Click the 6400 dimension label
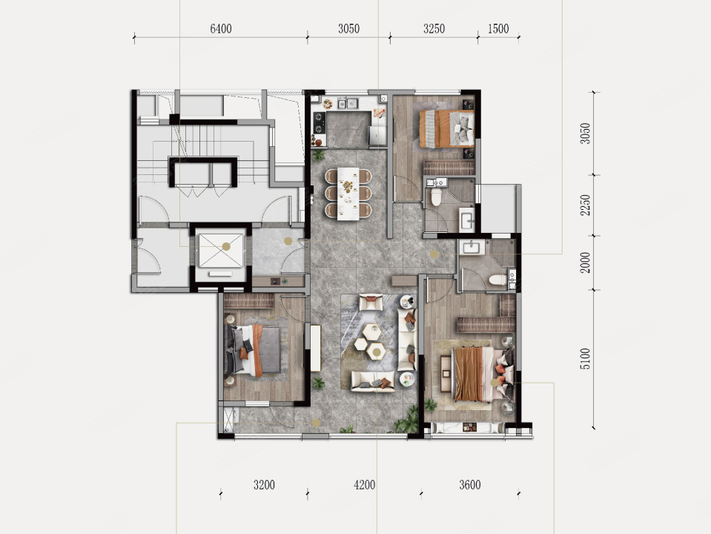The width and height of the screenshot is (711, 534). [x=221, y=29]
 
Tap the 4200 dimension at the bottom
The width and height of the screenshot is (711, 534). [x=365, y=485]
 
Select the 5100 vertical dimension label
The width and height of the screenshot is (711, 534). [x=586, y=358]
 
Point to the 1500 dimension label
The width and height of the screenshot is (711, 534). [x=498, y=29]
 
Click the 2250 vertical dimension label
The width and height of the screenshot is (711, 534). [x=586, y=205]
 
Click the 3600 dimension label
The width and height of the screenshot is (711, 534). [x=470, y=485]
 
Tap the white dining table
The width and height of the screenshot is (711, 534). [x=348, y=194]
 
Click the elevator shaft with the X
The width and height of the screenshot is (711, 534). [x=221, y=251]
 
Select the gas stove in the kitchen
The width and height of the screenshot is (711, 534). [x=320, y=123]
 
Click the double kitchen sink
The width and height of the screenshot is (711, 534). [x=347, y=103]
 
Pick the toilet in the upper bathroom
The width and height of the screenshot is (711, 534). [x=436, y=197]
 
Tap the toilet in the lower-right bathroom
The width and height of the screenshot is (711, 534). [x=498, y=280]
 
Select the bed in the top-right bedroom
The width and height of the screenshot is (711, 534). [x=447, y=128]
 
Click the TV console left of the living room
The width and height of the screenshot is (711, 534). [x=316, y=348]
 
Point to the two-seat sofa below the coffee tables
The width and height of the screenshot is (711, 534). [x=373, y=381]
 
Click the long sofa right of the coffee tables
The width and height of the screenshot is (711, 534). [x=407, y=340]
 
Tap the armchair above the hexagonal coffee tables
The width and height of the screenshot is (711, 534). [x=371, y=303]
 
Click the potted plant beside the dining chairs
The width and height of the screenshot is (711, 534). [x=318, y=156]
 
